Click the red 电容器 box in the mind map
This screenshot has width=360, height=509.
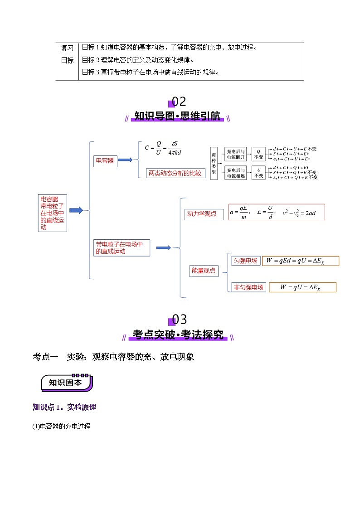click(105, 161)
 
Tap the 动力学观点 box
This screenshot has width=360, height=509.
click(204, 214)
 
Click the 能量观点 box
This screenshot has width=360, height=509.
click(204, 271)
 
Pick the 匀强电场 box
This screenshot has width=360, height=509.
click(246, 261)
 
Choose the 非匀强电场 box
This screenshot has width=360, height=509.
click(248, 287)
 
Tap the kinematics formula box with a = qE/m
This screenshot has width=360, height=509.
click(277, 212)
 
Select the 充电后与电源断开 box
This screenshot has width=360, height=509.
click(236, 155)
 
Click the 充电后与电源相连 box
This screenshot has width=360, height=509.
click(236, 173)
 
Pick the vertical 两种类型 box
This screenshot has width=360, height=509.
click(214, 163)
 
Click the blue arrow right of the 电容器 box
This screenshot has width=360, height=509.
click(125, 160)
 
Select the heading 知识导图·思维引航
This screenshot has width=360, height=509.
click(178, 116)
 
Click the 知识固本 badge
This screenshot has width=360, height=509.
click(67, 383)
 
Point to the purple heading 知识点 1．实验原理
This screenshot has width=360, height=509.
click(64, 407)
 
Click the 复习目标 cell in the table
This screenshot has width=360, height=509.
click(67, 54)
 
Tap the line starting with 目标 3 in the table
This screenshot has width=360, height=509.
click(150, 72)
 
